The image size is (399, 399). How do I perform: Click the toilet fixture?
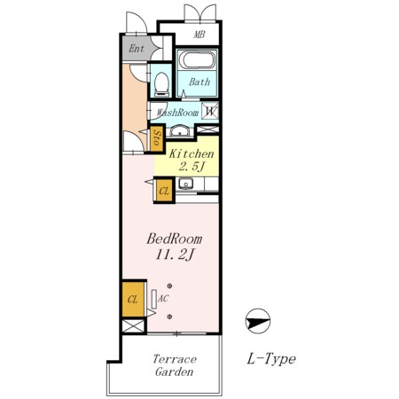161,84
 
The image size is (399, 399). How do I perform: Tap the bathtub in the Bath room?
197,60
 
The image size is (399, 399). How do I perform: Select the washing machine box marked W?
210,111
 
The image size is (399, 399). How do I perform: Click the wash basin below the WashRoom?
180,130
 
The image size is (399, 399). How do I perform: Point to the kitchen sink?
185,184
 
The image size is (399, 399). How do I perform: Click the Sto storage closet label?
157,138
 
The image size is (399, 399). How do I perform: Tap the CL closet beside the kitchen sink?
164,191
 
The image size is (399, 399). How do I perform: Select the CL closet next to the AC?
133,300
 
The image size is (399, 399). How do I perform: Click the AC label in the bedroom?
163,298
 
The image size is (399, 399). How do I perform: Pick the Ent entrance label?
137,49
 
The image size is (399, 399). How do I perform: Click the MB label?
199,35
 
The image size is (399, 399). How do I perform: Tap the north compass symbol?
258,321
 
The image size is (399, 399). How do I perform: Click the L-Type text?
271,359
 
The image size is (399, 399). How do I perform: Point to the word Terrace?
175,359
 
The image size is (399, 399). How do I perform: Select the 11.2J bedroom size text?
175,254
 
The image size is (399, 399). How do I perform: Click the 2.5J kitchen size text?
192,167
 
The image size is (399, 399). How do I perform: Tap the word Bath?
199,82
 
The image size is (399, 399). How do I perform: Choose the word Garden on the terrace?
175,372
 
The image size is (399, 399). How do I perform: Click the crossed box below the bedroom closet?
133,326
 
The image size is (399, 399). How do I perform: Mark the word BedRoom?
175,239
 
